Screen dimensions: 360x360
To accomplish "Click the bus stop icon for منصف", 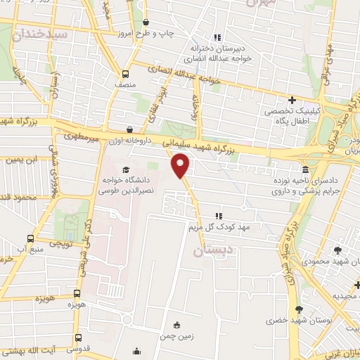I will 125,75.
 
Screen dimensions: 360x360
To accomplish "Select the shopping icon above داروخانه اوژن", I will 130,129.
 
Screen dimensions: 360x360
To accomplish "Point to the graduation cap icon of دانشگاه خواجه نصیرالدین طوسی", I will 126,169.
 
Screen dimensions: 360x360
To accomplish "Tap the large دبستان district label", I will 212,250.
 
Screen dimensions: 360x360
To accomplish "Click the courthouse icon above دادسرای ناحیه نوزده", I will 304,170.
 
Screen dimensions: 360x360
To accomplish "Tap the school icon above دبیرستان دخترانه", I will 217,37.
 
